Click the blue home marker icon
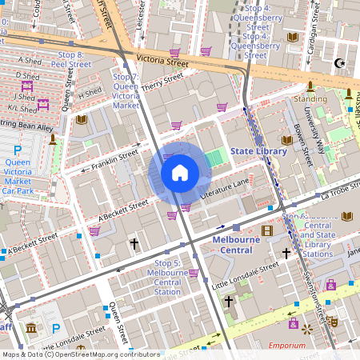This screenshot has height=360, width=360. pos(180,173)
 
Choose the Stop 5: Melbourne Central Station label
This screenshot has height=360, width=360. pos(167,278)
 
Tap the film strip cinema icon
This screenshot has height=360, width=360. pos(267,230)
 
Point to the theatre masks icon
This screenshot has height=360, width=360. pos(332,321)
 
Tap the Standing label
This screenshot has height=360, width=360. pos(310,98)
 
